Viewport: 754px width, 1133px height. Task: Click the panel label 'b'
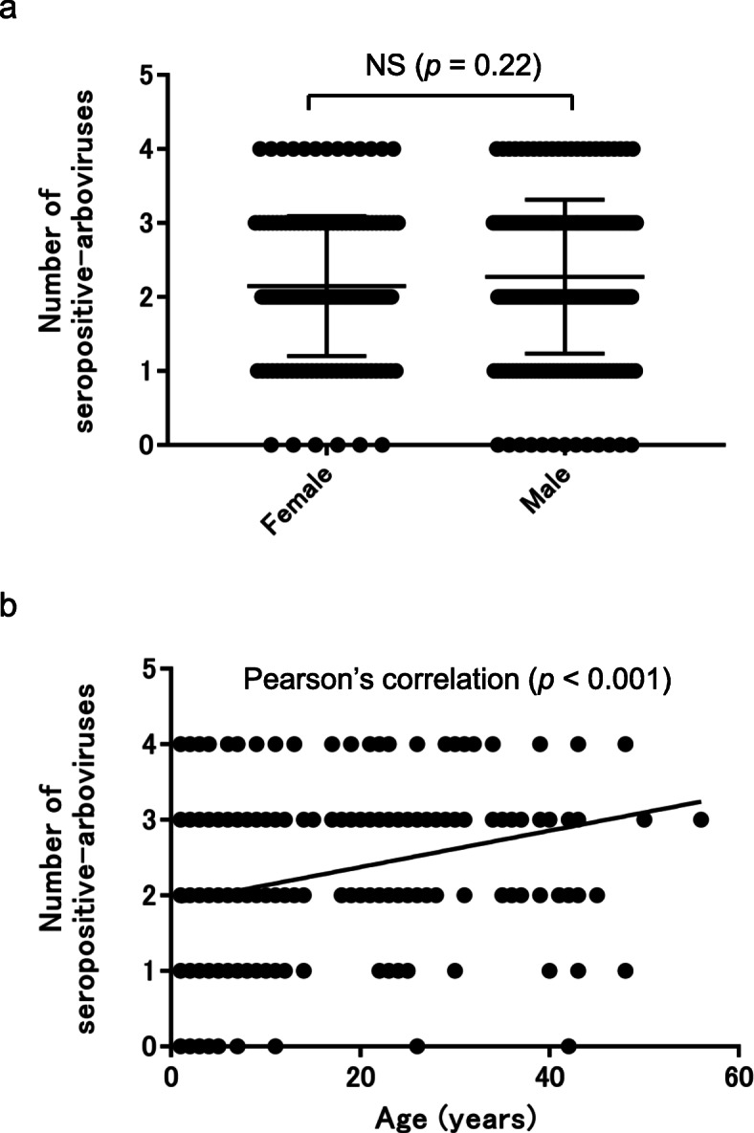coord(11,609)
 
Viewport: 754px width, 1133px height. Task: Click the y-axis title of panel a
coord(66,258)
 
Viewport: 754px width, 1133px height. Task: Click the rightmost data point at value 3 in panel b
coord(700,819)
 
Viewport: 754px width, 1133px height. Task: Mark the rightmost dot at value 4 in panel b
coord(625,744)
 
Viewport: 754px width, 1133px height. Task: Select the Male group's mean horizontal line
coord(565,276)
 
